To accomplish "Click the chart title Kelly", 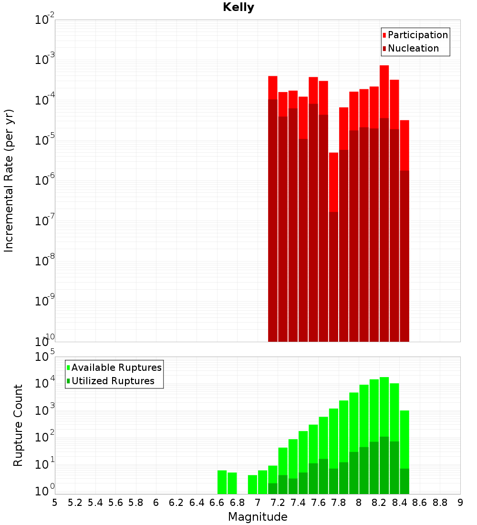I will [x=238, y=8].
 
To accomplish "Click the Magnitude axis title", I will [x=258, y=517].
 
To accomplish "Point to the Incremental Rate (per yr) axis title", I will [x=9, y=180].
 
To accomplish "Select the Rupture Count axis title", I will [x=18, y=425].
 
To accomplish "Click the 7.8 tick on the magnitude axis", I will [x=339, y=503].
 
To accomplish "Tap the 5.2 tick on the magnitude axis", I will [x=75, y=503].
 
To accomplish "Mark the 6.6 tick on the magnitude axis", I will [x=217, y=503].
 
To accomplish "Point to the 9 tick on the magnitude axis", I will [x=460, y=503].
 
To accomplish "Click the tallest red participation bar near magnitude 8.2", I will [x=384, y=91].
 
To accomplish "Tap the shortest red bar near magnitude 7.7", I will [x=333, y=181].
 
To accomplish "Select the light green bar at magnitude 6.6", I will [x=222, y=482].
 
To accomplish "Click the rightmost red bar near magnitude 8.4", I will [x=404, y=143].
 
